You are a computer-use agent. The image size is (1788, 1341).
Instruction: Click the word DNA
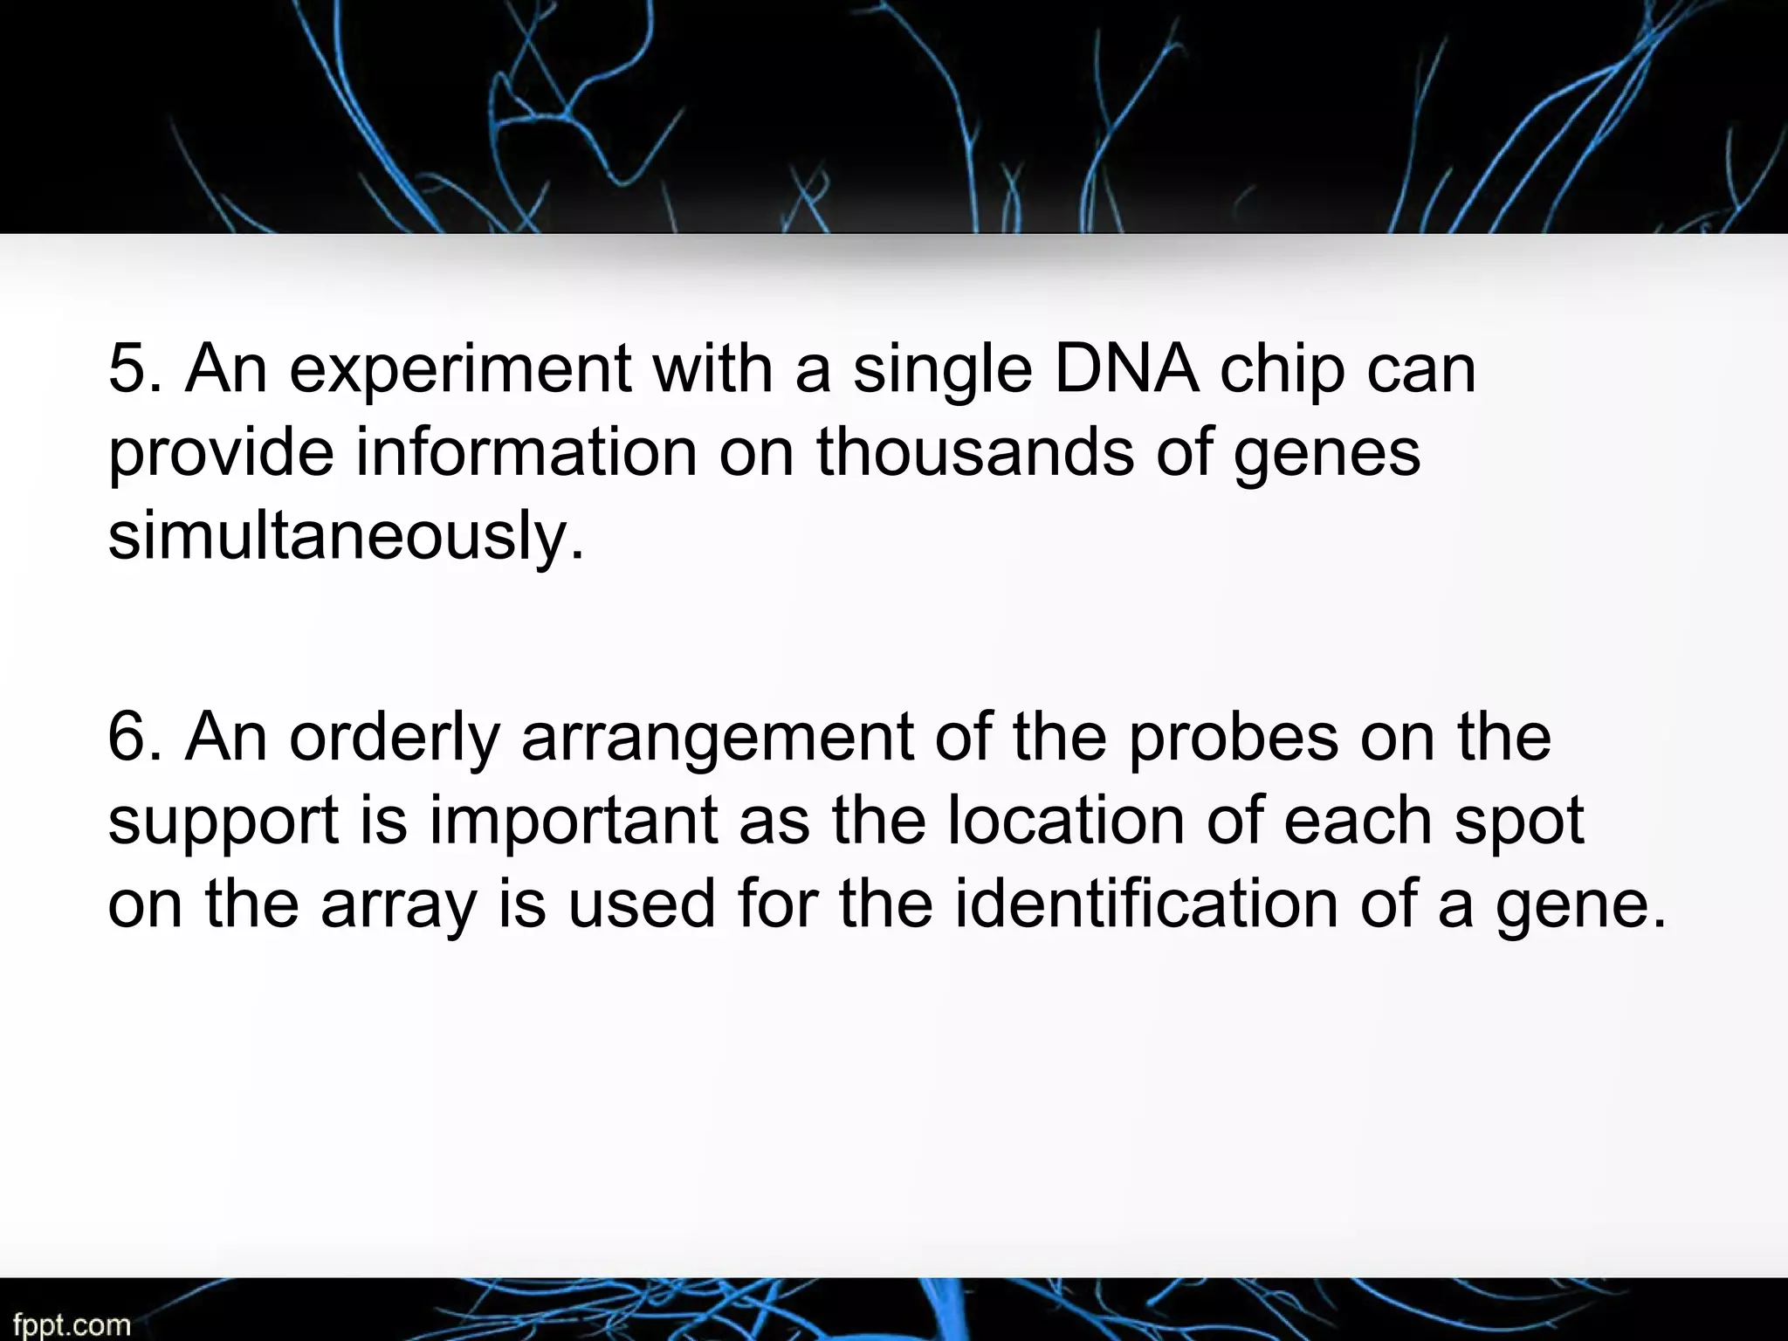(1126, 368)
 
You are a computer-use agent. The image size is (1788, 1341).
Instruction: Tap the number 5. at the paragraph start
(134, 368)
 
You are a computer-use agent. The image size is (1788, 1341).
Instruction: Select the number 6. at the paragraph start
(134, 737)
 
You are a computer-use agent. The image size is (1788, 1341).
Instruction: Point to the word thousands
(975, 452)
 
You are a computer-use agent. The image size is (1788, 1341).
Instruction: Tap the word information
(526, 452)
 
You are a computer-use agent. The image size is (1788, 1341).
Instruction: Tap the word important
(573, 821)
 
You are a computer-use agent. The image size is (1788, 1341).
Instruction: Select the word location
(1066, 821)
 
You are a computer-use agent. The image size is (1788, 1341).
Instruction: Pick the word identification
(1145, 904)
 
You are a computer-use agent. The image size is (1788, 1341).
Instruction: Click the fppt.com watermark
(72, 1324)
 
